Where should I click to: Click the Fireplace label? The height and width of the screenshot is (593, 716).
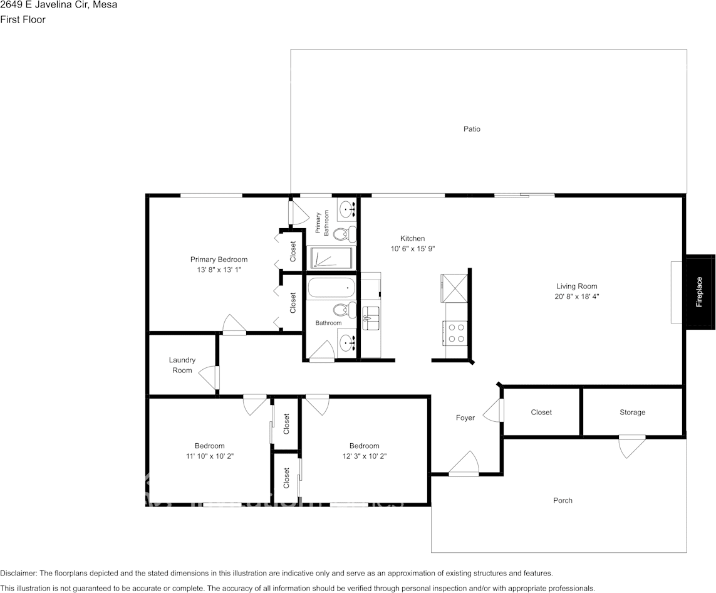(x=699, y=292)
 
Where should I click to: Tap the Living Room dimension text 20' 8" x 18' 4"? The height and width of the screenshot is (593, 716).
(x=577, y=297)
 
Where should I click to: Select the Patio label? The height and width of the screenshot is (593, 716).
(x=472, y=129)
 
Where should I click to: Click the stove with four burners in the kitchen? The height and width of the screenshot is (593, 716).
(x=455, y=332)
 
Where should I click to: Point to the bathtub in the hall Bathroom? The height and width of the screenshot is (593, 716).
(x=331, y=288)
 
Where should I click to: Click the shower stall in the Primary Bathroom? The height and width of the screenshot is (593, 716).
(x=331, y=258)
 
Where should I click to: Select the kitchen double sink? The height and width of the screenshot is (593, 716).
(x=371, y=318)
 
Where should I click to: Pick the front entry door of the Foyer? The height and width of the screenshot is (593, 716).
(x=464, y=464)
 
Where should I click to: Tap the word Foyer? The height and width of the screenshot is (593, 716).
(x=465, y=418)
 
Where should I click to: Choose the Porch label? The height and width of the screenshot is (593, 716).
(x=563, y=500)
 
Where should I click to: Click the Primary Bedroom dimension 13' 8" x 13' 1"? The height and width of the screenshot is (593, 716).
(x=219, y=270)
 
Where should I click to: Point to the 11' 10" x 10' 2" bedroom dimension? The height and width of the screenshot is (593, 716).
(x=209, y=456)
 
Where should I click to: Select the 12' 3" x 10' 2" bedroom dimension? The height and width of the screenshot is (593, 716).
(x=364, y=456)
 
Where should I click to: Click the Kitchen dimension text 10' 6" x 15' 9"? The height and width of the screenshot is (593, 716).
(x=412, y=249)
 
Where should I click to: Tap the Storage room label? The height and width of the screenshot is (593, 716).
(x=632, y=412)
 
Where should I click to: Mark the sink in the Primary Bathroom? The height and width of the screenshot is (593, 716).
(x=346, y=208)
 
